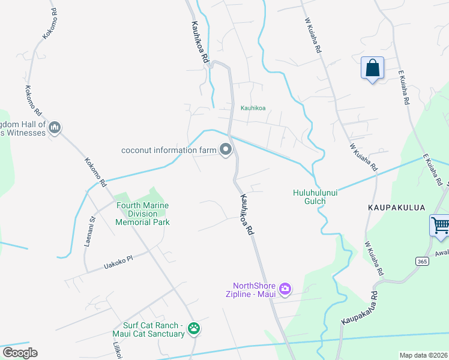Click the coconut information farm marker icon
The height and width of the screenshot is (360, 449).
[226, 149]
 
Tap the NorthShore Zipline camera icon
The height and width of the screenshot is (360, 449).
[285, 289]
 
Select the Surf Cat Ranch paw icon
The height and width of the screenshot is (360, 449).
[194, 328]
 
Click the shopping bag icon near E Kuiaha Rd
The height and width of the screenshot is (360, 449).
[372, 68]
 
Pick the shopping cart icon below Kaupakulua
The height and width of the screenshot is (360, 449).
[440, 226]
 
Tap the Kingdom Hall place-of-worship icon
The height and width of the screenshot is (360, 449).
[55, 127]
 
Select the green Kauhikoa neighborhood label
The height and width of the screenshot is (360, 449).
[253, 109]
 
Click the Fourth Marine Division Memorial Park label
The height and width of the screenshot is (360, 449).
[143, 214]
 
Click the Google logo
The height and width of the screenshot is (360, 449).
[20, 353]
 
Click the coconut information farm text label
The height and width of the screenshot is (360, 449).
[169, 150]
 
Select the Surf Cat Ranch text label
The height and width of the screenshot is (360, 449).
[148, 329]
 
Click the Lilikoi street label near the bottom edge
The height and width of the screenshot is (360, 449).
[118, 350]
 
